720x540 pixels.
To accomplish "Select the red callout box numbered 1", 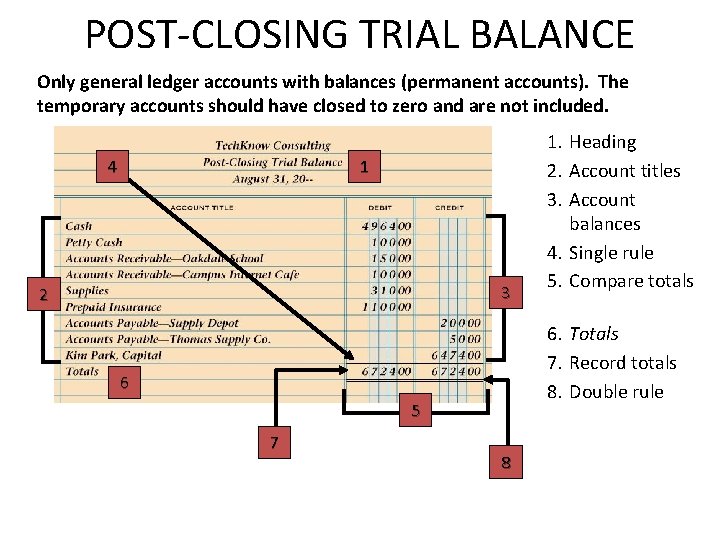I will (x=366, y=167).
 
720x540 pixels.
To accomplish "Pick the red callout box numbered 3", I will (x=506, y=293).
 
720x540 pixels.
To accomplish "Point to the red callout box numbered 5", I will (x=417, y=410).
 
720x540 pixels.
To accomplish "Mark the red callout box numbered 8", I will (x=506, y=462).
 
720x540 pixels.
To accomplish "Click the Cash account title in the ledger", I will (x=79, y=226).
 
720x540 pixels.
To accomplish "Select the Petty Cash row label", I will (x=94, y=242).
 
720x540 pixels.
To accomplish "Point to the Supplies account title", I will (x=87, y=291).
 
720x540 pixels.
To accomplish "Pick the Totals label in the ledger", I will (x=82, y=371).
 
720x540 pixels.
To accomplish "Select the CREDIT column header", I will (x=448, y=207).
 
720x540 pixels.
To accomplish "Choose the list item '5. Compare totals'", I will (x=621, y=281).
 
